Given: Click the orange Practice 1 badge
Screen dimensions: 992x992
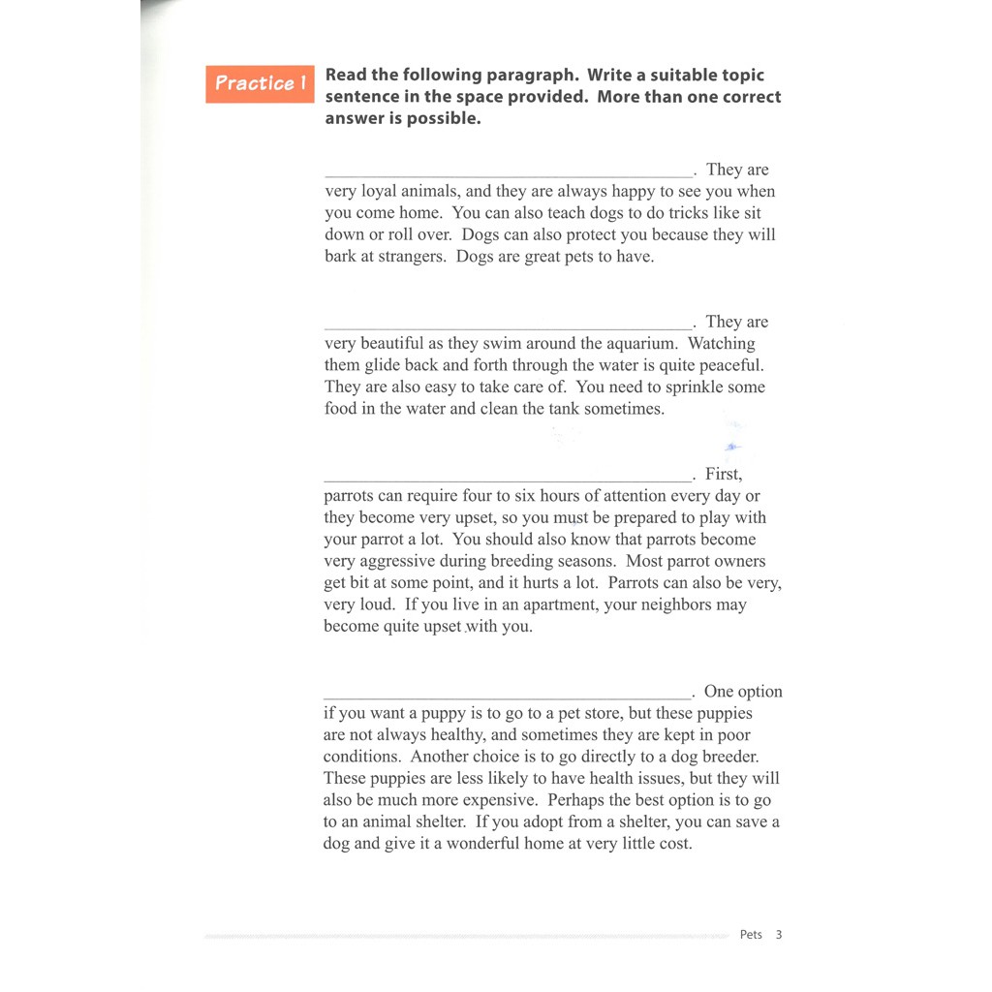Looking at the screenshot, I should tap(260, 83).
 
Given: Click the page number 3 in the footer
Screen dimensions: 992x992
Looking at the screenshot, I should tap(779, 935).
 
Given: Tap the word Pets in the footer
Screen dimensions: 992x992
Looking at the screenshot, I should tap(751, 935).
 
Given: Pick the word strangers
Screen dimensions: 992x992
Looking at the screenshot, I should tap(411, 257).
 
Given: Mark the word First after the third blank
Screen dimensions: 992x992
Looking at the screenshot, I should tap(723, 475).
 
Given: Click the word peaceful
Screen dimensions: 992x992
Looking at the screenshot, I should tap(728, 366).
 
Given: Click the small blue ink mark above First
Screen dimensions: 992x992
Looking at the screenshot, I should tap(733, 447).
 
